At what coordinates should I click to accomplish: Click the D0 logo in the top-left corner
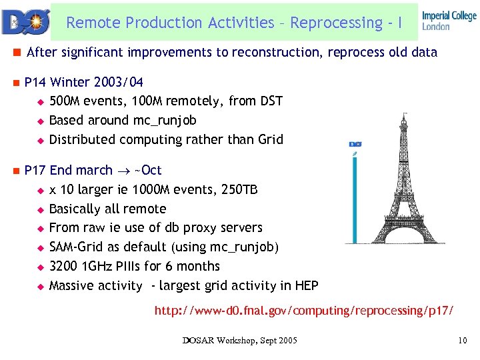(25, 22)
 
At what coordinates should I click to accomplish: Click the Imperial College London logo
(449, 21)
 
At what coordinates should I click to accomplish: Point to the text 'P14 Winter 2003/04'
(83, 83)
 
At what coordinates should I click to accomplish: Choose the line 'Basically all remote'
(107, 209)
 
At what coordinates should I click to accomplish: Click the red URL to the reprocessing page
(304, 311)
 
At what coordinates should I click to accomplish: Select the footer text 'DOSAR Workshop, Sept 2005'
(240, 341)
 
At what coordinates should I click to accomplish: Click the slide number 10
(463, 341)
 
